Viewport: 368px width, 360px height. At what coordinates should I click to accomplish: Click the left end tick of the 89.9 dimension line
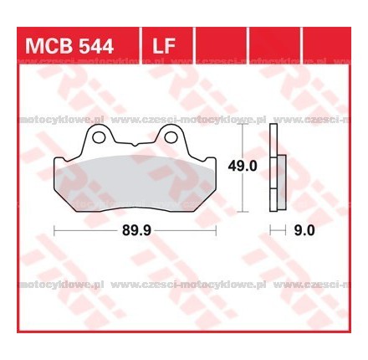pos(55,228)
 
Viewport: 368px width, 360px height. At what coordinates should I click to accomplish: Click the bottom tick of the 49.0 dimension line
pos(243,208)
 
